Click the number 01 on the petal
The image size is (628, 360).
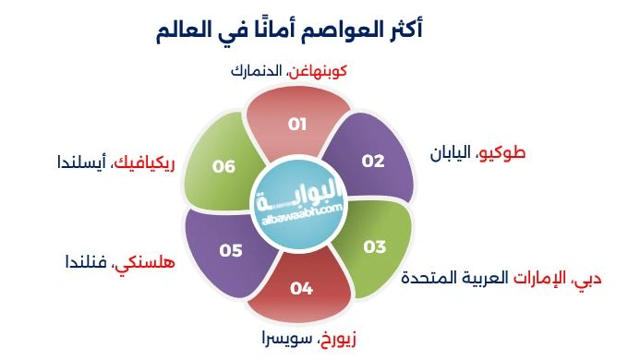[296, 123]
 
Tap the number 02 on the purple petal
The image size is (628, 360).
[373, 161]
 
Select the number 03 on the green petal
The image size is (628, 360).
[374, 246]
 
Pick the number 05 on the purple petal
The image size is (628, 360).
[230, 249]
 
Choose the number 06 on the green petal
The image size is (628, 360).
[223, 167]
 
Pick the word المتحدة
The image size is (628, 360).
[427, 278]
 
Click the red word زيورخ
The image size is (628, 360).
[332, 339]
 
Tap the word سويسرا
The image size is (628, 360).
[282, 339]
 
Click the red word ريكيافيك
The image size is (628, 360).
[144, 165]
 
